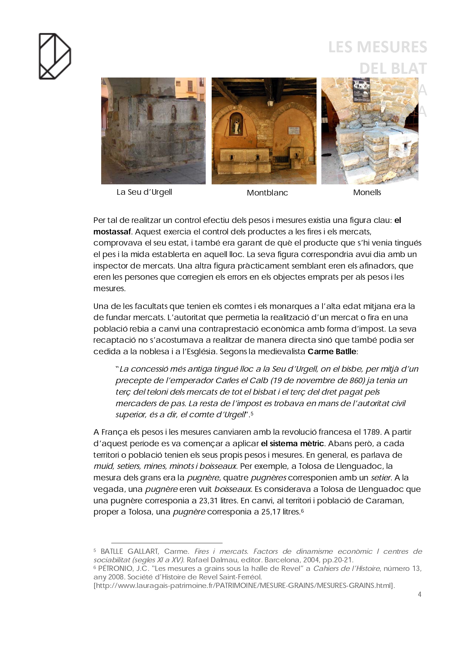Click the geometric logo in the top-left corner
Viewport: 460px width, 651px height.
pyautogui.click(x=55, y=56)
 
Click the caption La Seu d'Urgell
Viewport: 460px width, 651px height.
pyautogui.click(x=144, y=192)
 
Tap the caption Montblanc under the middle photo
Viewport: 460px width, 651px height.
pyautogui.click(x=267, y=193)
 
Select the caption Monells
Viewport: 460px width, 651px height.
pyautogui.click(x=367, y=193)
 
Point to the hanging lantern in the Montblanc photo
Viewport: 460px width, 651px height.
pyautogui.click(x=271, y=102)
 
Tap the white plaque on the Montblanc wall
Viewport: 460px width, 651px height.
pyautogui.click(x=294, y=130)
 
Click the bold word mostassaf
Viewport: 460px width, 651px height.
pyautogui.click(x=112, y=232)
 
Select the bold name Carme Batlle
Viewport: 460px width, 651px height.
pyautogui.click(x=332, y=352)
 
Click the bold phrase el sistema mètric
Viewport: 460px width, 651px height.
pyautogui.click(x=292, y=444)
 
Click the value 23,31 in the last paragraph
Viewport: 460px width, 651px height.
pyautogui.click(x=208, y=501)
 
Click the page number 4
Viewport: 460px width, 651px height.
pyautogui.click(x=420, y=595)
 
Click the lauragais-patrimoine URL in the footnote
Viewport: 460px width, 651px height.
pyautogui.click(x=244, y=586)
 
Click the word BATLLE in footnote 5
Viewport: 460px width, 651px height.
pyautogui.click(x=112, y=552)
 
